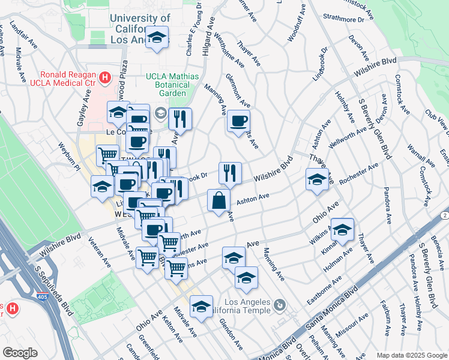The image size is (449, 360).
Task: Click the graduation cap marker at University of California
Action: (157, 38)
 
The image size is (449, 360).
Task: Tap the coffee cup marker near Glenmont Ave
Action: (238, 121)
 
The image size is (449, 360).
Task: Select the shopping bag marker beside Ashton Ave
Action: (218, 200)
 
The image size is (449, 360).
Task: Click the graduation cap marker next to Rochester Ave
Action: (317, 179)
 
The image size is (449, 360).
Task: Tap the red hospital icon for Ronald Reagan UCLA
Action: (106, 77)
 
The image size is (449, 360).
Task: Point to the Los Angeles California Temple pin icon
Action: (279, 307)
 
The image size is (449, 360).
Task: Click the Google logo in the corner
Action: (20, 352)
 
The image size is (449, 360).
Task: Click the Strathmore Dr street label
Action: (343, 19)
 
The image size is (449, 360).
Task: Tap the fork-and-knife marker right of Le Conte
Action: (179, 118)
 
